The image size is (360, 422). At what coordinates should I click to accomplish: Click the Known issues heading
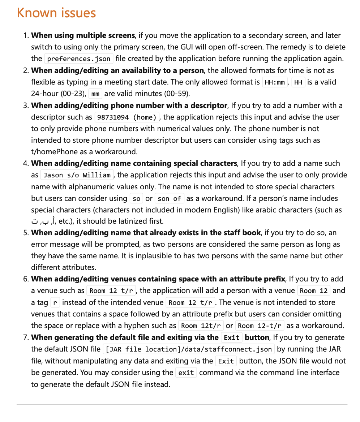click(56, 13)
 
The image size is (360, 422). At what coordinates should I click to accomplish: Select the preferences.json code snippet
click(79, 59)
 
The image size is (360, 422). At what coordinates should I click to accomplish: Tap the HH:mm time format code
click(275, 82)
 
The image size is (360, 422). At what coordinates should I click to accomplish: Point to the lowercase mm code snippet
click(95, 94)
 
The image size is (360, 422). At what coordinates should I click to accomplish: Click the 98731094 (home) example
click(127, 117)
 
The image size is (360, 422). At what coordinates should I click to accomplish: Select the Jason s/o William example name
click(77, 175)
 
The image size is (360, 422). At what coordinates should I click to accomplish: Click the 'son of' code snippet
click(170, 198)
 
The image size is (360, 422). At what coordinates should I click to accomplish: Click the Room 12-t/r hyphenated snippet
click(260, 326)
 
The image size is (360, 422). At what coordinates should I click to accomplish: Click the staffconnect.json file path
click(189, 349)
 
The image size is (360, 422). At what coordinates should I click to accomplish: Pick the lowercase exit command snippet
click(186, 373)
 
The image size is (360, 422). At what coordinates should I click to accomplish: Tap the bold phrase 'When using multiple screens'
click(83, 35)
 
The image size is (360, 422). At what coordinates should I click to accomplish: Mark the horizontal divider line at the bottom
click(182, 404)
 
